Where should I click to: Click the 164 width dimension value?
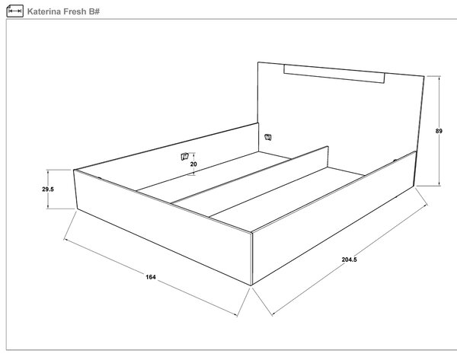(x=151, y=277)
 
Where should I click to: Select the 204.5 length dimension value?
(x=349, y=260)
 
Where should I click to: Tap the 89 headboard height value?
(x=439, y=131)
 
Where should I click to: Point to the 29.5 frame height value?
(x=48, y=190)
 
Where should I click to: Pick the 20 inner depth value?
(x=193, y=164)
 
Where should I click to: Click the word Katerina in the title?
(x=44, y=11)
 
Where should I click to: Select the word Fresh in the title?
(x=75, y=11)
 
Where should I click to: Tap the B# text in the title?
(x=94, y=11)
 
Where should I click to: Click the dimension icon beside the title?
(x=15, y=11)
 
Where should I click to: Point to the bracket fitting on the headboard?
(x=268, y=137)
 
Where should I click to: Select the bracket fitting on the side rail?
(x=185, y=157)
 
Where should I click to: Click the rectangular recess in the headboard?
(x=334, y=74)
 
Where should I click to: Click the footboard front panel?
(x=163, y=227)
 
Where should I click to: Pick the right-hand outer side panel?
(x=333, y=218)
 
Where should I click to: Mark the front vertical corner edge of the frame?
(x=251, y=259)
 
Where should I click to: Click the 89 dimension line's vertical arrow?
(x=439, y=131)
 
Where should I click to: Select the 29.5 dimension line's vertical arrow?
(x=48, y=189)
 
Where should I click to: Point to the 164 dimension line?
(x=151, y=277)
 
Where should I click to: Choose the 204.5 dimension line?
(x=349, y=260)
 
